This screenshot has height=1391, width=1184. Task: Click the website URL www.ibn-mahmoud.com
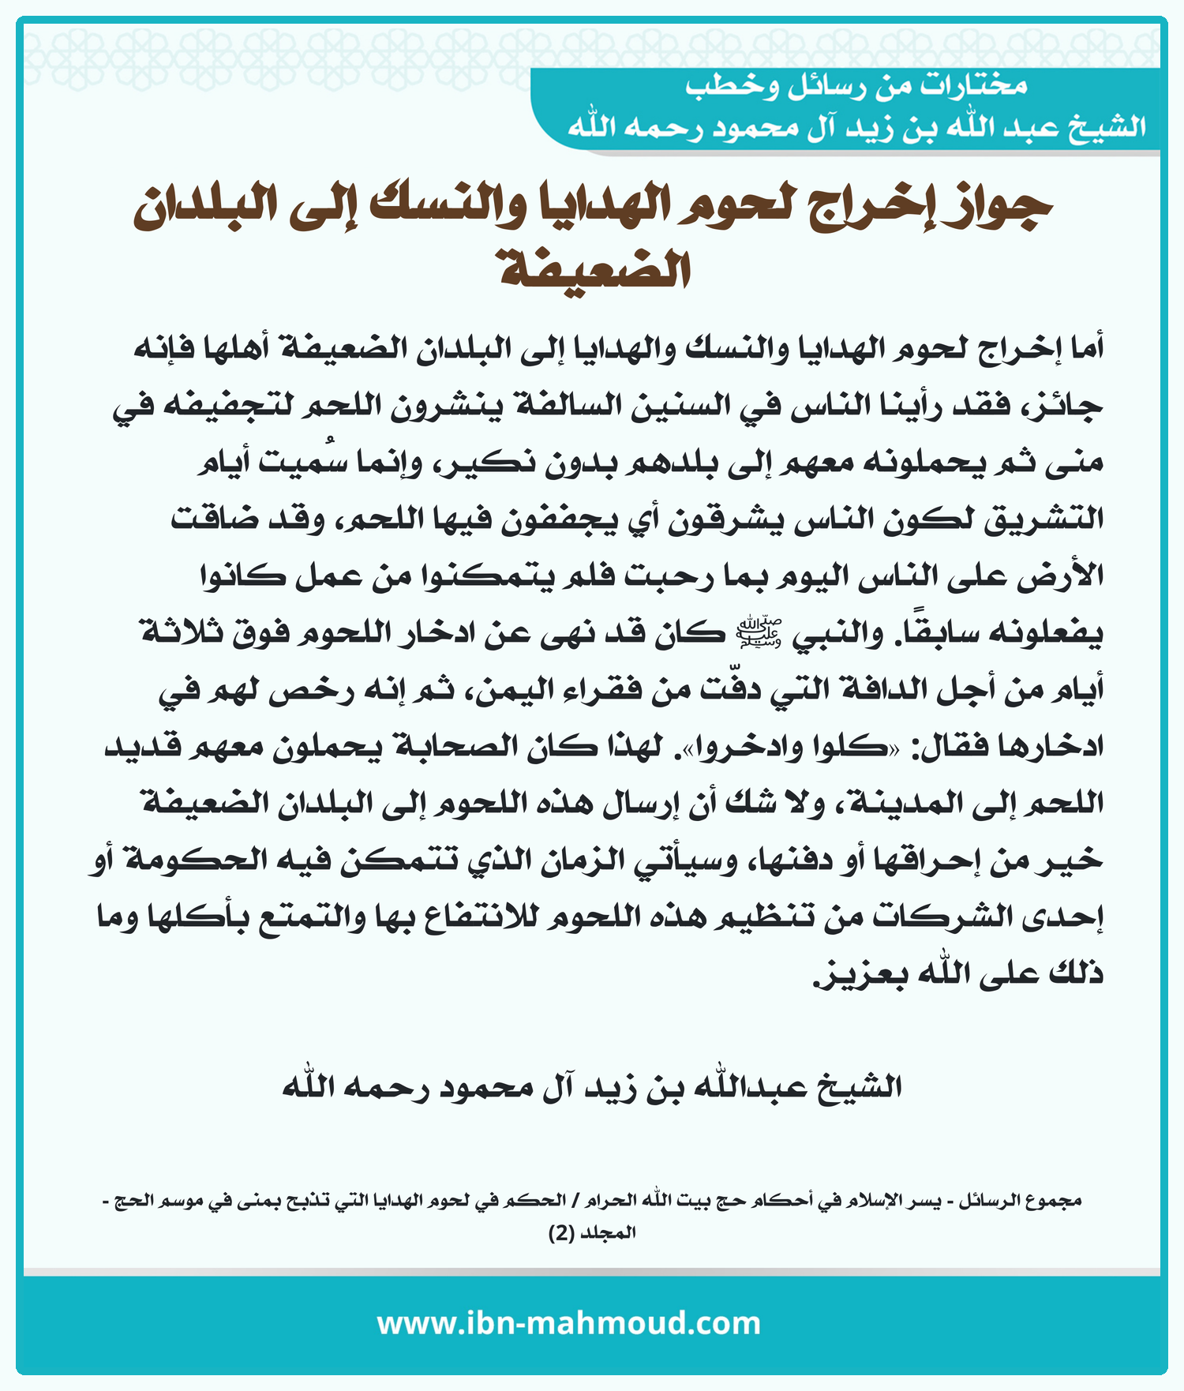tap(568, 1322)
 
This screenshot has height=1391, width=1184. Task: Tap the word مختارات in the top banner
tap(976, 86)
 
